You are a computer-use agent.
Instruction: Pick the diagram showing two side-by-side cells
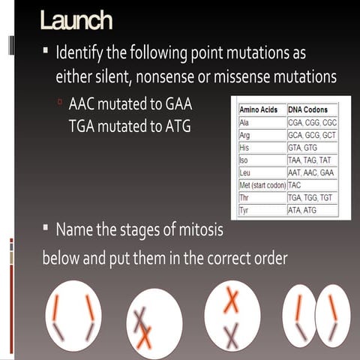[x=316, y=316]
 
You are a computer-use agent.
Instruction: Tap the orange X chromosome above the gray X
[x=232, y=300]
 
